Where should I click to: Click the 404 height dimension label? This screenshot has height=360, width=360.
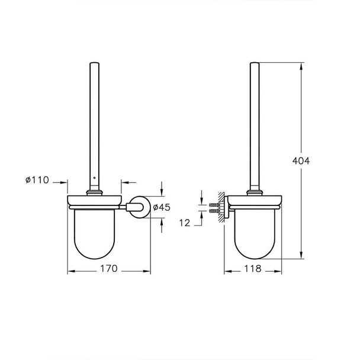click(x=301, y=160)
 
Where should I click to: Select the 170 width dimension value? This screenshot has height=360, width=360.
click(x=109, y=268)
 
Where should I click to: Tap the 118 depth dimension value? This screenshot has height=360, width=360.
click(x=253, y=268)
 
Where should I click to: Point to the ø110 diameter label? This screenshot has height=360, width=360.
click(x=37, y=180)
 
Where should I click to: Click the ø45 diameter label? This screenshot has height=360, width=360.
click(x=162, y=207)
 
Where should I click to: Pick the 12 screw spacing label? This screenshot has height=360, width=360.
click(x=185, y=223)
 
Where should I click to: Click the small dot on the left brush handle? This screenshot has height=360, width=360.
click(x=94, y=178)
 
